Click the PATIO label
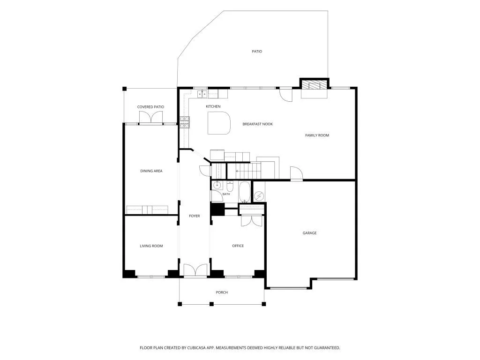click(257, 52)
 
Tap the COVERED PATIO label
click(150, 107)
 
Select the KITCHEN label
click(213, 106)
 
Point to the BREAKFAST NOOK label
click(257, 124)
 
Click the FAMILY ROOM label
click(317, 135)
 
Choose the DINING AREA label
click(151, 171)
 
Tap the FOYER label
click(195, 216)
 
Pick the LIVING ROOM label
click(151, 246)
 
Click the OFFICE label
click(238, 246)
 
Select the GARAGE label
click(309, 233)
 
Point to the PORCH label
click(222, 292)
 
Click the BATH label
click(226, 194)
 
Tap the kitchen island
click(219, 123)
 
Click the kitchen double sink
click(202, 94)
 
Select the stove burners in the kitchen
click(185, 122)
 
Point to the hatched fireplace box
click(315, 85)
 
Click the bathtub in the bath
click(245, 192)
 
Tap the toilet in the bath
click(230, 187)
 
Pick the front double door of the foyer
click(195, 270)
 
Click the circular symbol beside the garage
click(259, 195)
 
